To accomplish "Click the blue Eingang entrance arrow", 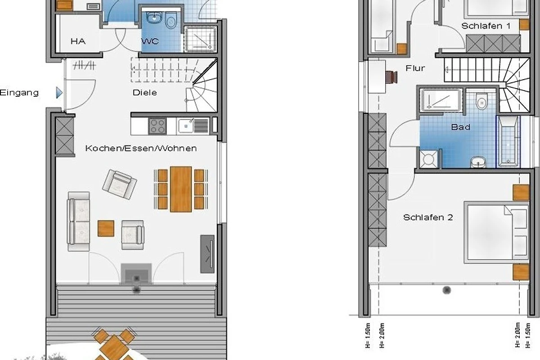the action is coord(59,93).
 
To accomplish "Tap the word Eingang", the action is coord(19,93).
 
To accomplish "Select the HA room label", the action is coord(78,41).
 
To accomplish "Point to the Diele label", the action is coord(144,93).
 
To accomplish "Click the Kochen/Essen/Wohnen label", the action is coord(141,148).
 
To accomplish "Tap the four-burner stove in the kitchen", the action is coord(157,126).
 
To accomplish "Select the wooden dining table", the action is coord(181,189).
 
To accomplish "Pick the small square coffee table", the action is coord(106,228).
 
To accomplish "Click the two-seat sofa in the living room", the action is coord(79,221).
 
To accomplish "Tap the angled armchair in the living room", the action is coord(120,184).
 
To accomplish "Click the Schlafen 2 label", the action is coord(428,217).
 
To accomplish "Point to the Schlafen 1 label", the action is coord(486,26).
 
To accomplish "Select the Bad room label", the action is coord(460,127).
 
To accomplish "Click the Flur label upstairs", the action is coord(415,68).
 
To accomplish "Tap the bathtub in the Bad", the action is coord(508,141).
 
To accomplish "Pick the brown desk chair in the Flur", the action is coord(391,77).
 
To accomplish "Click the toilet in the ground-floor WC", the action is coord(171,20).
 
